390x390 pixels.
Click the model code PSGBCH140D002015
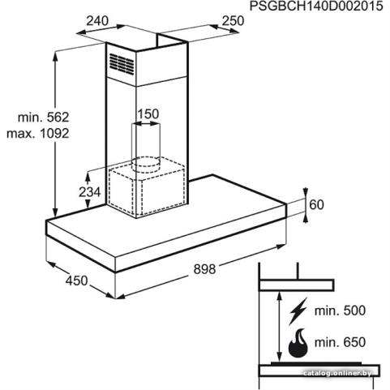pyautogui.click(x=316, y=6)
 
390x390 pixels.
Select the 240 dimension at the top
pyautogui.click(x=97, y=20)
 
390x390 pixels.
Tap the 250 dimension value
pyautogui.click(x=233, y=20)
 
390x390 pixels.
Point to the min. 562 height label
pyautogui.click(x=44, y=118)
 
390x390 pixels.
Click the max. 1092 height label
pyautogui.click(x=38, y=133)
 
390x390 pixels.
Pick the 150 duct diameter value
pyautogui.click(x=148, y=114)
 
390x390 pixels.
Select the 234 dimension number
pyautogui.click(x=89, y=192)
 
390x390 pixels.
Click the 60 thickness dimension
pyautogui.click(x=316, y=204)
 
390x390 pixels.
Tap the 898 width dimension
pyautogui.click(x=204, y=269)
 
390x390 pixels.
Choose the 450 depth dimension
pyautogui.click(x=76, y=281)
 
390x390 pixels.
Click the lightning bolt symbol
pyautogui.click(x=298, y=311)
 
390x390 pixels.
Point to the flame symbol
pyautogui.click(x=298, y=342)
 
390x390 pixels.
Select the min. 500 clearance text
pyautogui.click(x=340, y=311)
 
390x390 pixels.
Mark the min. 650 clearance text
pyautogui.click(x=340, y=342)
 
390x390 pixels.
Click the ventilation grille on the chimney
pyautogui.click(x=122, y=64)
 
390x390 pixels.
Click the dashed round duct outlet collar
pyautogui.click(x=146, y=164)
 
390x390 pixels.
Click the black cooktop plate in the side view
pyautogui.click(x=316, y=364)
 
